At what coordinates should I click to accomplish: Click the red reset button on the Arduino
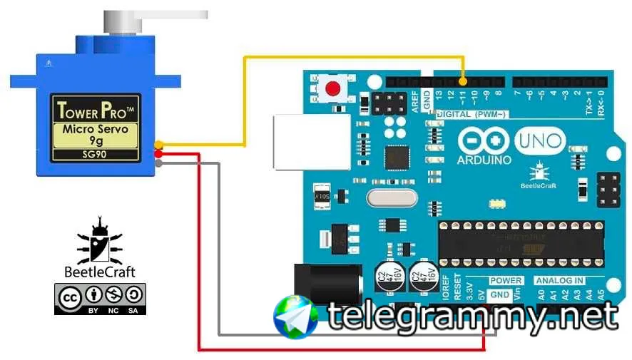[x=332, y=89]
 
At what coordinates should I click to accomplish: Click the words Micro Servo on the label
[x=95, y=129]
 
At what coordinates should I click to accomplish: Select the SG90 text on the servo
[x=95, y=154]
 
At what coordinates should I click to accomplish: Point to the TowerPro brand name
[x=95, y=110]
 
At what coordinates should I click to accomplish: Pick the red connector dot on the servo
[x=158, y=154]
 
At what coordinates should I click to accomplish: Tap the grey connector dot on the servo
[x=158, y=163]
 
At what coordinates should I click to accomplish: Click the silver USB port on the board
[x=310, y=143]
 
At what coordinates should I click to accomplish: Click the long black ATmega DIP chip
[x=521, y=242]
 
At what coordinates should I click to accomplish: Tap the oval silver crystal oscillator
[x=391, y=197]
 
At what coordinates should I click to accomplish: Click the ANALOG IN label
[x=559, y=281]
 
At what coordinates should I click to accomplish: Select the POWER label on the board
[x=506, y=281]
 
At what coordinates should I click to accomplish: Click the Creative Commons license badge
[x=100, y=299]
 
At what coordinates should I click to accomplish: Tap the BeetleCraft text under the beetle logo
[x=100, y=272]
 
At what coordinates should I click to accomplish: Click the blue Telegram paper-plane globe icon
[x=296, y=317]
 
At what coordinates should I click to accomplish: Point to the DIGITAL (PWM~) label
[x=471, y=115]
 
